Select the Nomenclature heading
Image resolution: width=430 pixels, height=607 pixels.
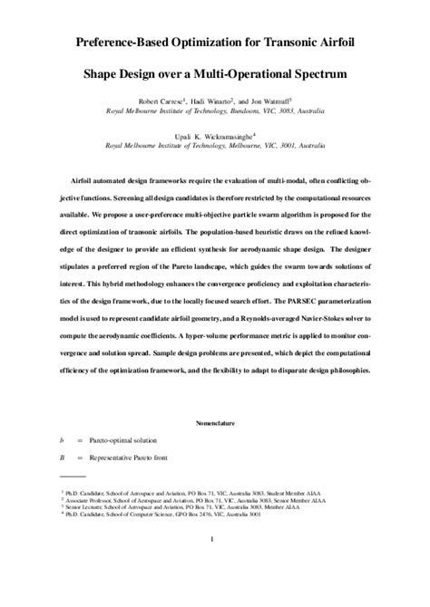(x=214, y=423)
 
